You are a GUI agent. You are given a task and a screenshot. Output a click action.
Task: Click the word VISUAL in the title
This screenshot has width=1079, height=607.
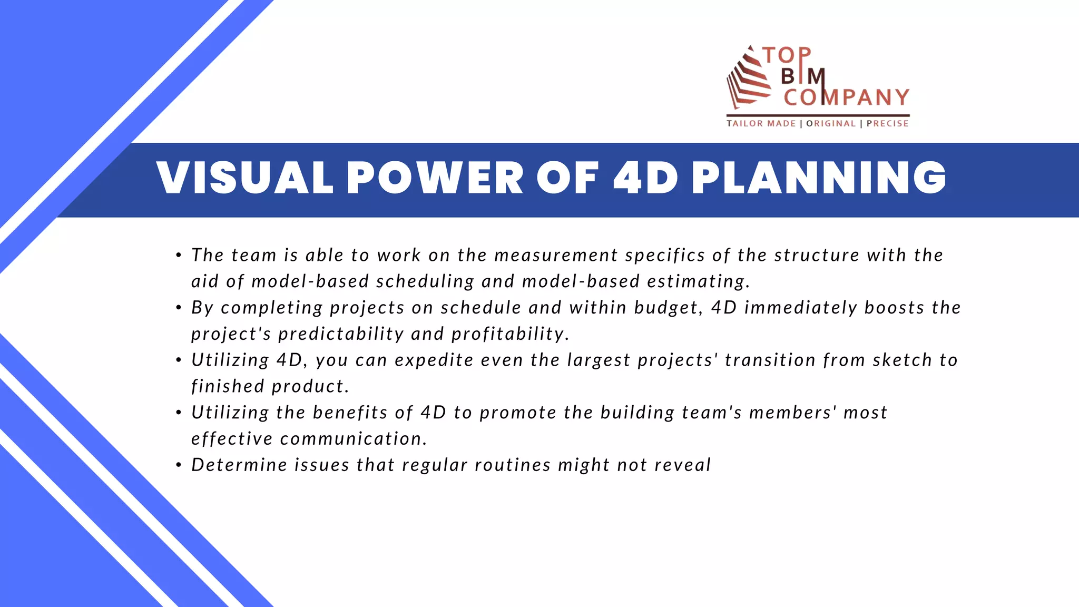tap(245, 178)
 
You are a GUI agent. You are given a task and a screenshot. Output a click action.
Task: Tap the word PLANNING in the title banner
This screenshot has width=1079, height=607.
tap(819, 178)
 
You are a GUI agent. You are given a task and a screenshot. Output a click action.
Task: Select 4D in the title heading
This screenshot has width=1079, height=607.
tap(645, 178)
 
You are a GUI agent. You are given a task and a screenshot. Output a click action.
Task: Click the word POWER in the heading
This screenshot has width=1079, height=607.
tap(435, 178)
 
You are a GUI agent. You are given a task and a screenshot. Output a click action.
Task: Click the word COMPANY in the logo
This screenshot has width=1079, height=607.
tap(846, 97)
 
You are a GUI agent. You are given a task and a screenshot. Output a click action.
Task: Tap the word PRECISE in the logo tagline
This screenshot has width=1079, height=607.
tap(888, 123)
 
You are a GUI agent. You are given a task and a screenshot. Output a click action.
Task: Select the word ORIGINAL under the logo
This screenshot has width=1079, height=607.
tap(831, 123)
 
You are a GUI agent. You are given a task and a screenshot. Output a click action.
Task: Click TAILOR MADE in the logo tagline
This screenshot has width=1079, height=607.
tap(761, 123)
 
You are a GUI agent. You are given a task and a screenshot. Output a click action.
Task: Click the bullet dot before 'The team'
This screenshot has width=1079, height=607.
tap(179, 256)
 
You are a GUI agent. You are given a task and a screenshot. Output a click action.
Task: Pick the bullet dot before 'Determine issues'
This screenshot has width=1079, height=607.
tap(179, 465)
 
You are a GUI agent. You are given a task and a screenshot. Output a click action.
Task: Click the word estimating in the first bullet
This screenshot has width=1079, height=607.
tap(698, 281)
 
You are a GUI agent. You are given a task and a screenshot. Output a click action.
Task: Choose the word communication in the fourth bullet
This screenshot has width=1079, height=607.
tap(354, 439)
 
